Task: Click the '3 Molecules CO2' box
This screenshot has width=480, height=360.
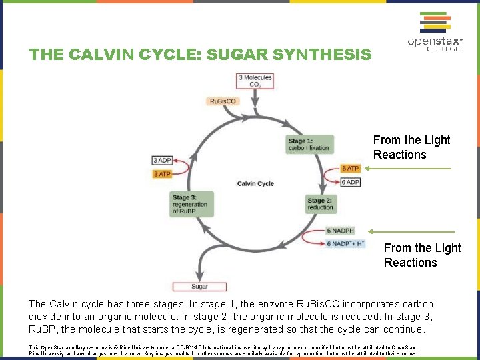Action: point(255,81)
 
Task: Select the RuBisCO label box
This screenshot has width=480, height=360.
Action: point(223,101)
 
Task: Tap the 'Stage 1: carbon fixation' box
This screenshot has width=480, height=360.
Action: point(309,144)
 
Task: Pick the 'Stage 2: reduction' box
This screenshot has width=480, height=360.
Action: point(320,204)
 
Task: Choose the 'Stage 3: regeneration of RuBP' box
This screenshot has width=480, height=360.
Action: point(191,204)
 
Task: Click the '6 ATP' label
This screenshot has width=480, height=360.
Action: point(351,169)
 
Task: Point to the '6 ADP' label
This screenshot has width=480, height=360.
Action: point(351,182)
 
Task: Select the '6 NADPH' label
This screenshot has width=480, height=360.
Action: point(340,231)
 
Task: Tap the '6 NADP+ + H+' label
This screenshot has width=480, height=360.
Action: point(346,243)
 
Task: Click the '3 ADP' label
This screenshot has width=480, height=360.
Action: point(162,160)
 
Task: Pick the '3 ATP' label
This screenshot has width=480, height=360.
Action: point(162,174)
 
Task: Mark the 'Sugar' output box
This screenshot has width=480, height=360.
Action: point(200,286)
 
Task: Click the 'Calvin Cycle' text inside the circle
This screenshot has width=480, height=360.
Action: point(255,183)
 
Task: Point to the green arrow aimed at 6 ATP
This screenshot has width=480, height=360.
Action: point(411,169)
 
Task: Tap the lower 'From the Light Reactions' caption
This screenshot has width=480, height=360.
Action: point(422,255)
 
